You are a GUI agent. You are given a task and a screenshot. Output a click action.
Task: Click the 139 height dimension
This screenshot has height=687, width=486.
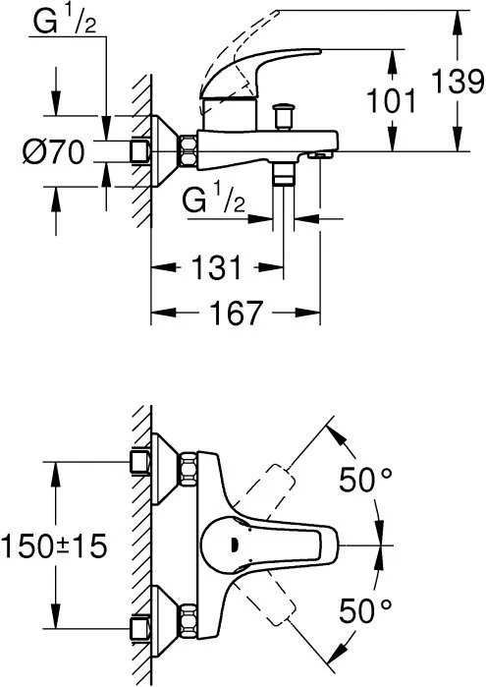point(458,81)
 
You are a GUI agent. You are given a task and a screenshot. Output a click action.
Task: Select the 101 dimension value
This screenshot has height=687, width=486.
point(391,100)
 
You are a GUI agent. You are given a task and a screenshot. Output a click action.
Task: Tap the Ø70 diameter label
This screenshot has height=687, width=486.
point(54,152)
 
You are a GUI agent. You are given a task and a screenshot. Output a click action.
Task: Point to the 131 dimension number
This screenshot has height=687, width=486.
point(216,267)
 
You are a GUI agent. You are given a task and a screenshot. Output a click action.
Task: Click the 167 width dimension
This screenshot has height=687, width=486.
point(237,313)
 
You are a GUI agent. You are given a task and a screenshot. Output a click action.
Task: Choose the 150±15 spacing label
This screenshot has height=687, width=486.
point(54,546)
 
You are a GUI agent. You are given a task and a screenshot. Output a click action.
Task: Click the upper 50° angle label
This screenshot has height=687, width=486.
point(365,479)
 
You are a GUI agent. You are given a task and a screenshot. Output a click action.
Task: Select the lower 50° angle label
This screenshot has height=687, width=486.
point(365,610)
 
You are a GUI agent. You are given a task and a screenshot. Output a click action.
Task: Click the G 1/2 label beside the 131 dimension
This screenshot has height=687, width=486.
point(214,200)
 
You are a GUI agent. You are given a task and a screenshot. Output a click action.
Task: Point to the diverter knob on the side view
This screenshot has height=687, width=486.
point(283,116)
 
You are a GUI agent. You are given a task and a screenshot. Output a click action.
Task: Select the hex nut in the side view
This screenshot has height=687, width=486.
point(188,151)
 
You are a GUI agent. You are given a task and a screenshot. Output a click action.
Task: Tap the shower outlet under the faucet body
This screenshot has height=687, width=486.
point(283,174)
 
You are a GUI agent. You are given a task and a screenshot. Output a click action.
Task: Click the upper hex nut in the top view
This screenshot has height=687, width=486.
point(188,469)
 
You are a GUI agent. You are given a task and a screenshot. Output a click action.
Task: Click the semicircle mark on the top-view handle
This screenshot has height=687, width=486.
point(234,545)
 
